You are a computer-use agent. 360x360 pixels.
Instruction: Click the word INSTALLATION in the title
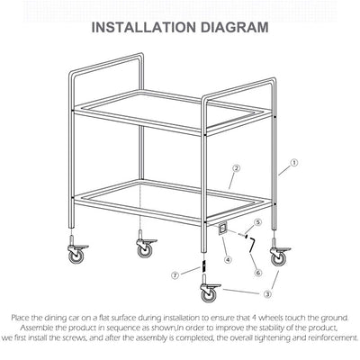pyautogui.click(x=146, y=27)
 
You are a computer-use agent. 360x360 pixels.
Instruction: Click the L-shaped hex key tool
pyautogui.click(x=253, y=244)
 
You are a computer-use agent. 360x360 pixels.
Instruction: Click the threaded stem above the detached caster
pyautogui.click(x=204, y=270)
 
